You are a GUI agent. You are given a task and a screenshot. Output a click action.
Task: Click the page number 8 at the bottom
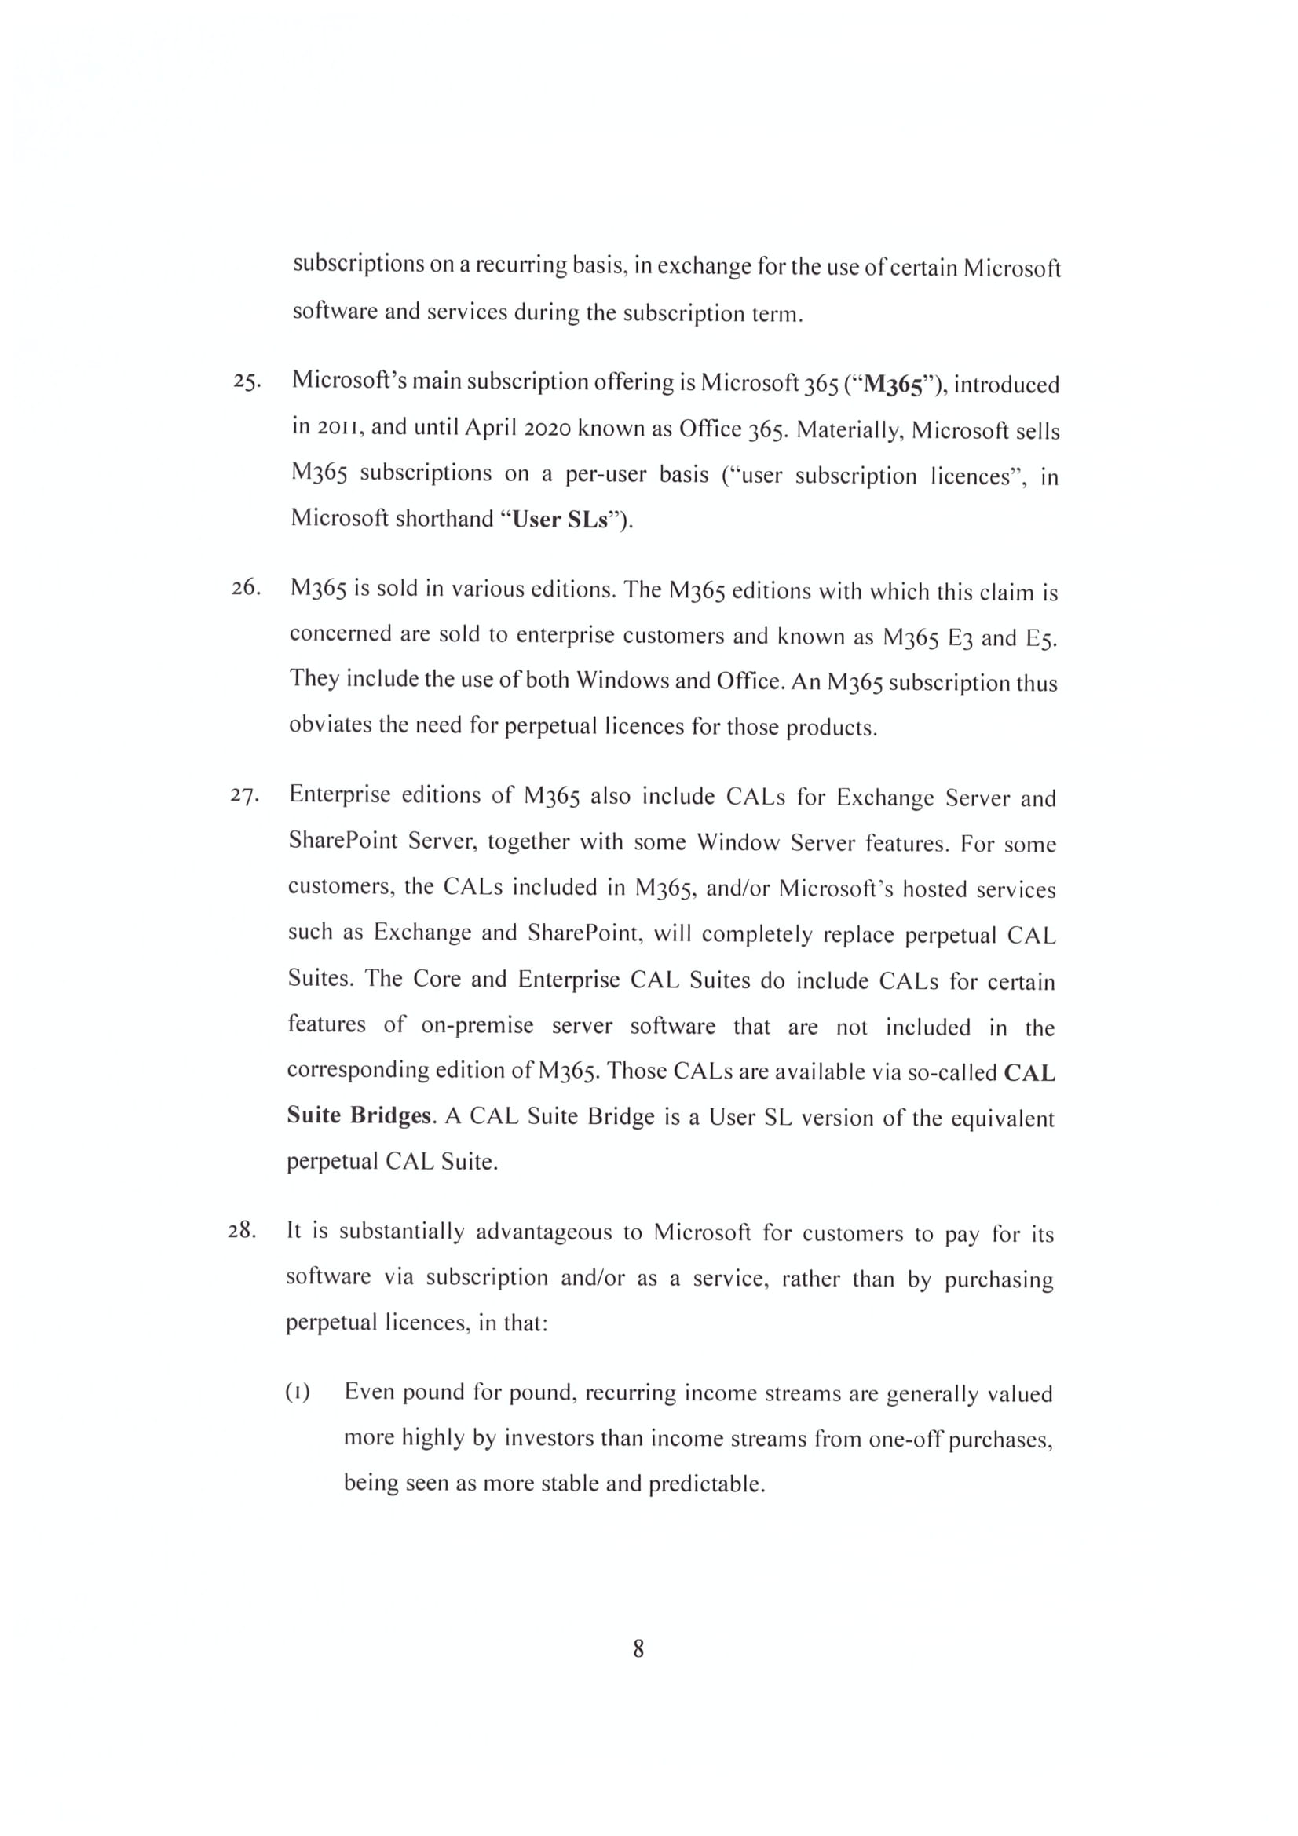pyautogui.click(x=638, y=1648)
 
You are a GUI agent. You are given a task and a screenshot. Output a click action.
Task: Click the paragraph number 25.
pyautogui.click(x=247, y=381)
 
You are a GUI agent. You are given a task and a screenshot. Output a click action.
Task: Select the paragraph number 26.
pyautogui.click(x=247, y=588)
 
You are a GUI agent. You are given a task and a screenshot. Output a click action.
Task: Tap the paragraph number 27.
pyautogui.click(x=245, y=795)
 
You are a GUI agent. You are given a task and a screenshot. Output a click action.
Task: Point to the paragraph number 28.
pyautogui.click(x=243, y=1230)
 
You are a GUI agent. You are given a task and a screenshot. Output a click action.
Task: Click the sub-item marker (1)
pyautogui.click(x=298, y=1393)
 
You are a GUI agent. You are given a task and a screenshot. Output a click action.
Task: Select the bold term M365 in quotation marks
pyautogui.click(x=894, y=385)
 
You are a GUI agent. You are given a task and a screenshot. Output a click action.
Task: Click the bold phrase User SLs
pyautogui.click(x=561, y=520)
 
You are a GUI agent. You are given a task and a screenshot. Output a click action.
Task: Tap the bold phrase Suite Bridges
pyautogui.click(x=359, y=1115)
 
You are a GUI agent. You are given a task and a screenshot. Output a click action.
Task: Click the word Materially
pyautogui.click(x=849, y=430)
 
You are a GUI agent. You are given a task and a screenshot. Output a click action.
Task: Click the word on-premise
pyautogui.click(x=477, y=1026)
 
